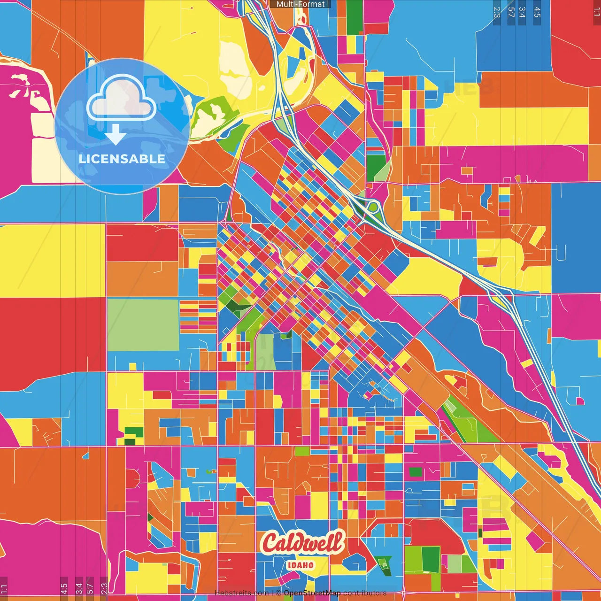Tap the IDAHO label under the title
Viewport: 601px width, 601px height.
tap(300, 565)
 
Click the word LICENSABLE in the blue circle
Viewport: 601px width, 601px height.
tap(122, 159)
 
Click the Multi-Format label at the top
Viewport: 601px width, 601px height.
tap(300, 4)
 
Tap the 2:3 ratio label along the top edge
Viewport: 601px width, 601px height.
tap(497, 12)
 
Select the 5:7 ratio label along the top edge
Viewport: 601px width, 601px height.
tap(511, 12)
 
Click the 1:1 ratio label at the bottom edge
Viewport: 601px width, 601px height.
tap(4, 588)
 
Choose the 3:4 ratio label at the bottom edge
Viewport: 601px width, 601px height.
tap(79, 588)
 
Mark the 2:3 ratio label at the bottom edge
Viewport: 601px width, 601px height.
tap(104, 588)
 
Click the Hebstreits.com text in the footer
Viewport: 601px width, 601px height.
tap(241, 593)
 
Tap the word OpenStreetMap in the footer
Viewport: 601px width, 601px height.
tap(312, 593)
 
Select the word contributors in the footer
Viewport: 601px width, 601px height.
tap(365, 593)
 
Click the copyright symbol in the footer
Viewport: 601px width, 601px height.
tap(278, 593)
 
